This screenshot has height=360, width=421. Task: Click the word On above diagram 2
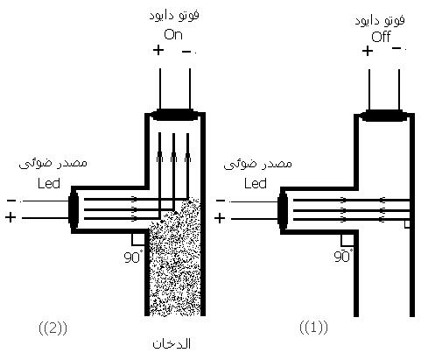(173, 35)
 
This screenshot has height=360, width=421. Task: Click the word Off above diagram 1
(381, 37)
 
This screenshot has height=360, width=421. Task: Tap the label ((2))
(53, 328)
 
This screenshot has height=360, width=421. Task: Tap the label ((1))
(313, 328)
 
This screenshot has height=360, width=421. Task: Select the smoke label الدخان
(172, 343)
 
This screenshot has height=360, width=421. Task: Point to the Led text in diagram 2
(49, 184)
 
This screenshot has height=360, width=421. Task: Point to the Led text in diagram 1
(256, 184)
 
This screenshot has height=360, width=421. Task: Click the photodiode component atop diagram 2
(175, 115)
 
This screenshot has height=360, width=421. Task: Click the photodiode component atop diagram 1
(384, 116)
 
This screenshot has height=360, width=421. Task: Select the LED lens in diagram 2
(74, 209)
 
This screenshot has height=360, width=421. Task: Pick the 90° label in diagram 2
(132, 258)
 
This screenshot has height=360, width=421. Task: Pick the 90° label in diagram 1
(343, 256)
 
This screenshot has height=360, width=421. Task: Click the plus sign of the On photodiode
(158, 50)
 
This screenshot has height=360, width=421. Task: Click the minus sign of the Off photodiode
(397, 48)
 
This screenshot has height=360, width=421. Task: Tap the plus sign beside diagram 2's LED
(11, 218)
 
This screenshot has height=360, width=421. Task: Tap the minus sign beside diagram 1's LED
(221, 201)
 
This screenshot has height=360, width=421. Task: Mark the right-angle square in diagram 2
(138, 239)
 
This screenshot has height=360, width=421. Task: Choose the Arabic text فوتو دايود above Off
(380, 20)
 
